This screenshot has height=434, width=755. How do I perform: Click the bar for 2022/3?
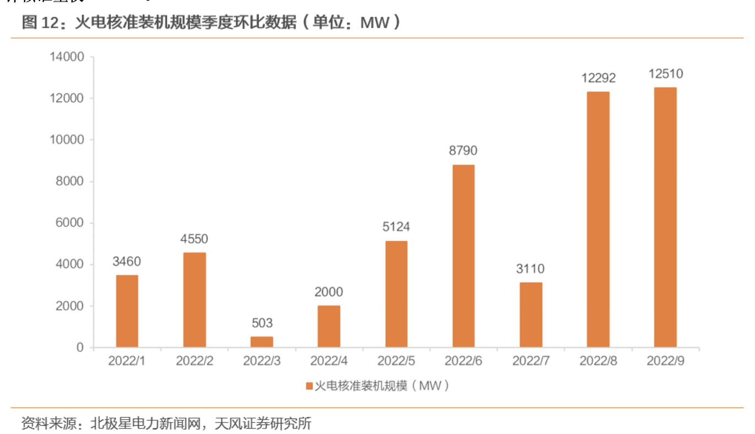pos(262,341)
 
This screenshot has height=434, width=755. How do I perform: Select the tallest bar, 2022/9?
pos(665,218)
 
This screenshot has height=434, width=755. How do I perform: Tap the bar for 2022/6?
pos(463,256)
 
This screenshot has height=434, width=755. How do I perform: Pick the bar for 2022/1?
pos(127,311)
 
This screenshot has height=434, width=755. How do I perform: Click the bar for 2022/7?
pos(531,315)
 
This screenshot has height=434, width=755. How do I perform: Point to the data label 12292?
pos(598,78)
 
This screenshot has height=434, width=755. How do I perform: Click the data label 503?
pos(262,323)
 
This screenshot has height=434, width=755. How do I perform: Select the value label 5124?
pos(396,227)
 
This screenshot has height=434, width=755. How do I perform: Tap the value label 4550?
pos(195,239)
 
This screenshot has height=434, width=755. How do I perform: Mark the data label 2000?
pos(329,292)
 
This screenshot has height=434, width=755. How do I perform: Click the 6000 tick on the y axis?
pos(69,223)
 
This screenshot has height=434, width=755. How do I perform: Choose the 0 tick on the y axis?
pos(80,348)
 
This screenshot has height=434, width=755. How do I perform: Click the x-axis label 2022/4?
pos(329,361)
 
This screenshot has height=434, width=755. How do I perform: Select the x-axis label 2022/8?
pos(598,361)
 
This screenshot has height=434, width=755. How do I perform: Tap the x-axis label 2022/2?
pos(195,361)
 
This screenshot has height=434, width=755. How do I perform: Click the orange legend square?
pos(309,386)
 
